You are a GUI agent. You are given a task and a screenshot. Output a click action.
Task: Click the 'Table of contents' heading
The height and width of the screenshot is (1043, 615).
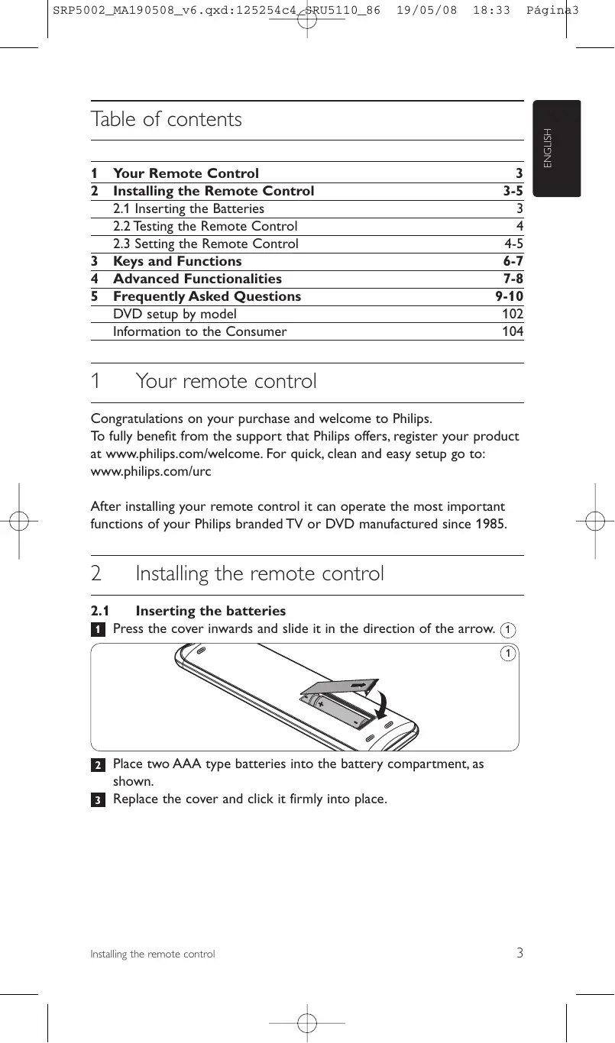pos(166,120)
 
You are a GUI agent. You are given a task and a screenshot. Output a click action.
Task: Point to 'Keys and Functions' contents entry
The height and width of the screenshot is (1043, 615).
pos(177,261)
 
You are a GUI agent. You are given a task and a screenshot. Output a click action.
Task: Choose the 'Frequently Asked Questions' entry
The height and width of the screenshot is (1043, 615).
pos(206,296)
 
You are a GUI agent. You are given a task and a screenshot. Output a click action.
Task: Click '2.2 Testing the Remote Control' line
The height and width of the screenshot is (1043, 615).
pos(205,226)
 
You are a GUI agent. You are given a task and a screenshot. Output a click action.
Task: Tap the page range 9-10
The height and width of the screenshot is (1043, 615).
pos(510,296)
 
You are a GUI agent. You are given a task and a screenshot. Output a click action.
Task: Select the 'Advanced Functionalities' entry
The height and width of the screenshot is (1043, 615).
pos(197,279)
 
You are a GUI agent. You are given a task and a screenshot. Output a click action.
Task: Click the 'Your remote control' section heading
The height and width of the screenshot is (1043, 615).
pos(225,381)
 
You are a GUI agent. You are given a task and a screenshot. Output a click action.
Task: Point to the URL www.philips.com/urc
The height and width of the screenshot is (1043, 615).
pos(151,471)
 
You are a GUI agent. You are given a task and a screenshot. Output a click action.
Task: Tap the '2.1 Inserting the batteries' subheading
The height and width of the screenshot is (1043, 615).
pos(188,611)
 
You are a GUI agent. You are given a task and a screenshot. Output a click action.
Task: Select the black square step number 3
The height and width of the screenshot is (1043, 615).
pos(98,800)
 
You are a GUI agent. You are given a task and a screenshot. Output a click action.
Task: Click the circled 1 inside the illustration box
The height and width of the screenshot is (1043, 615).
pos(507,654)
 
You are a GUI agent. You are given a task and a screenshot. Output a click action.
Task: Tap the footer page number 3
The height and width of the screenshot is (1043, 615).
pos(520,952)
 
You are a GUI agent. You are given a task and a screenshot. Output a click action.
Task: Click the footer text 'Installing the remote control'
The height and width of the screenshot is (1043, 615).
pos(153,954)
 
